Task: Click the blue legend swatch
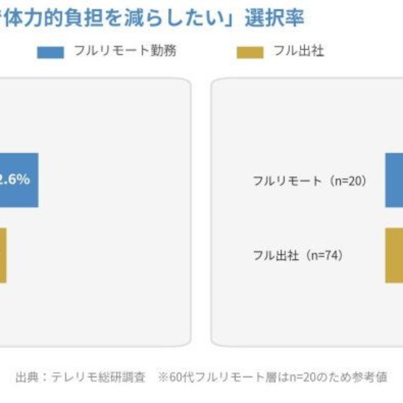[50, 52]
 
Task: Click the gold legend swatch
[250, 52]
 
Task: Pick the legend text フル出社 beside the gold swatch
[298, 52]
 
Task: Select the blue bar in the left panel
[19, 179]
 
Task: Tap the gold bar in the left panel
[3, 255]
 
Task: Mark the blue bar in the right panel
[394, 179]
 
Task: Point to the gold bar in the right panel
[394, 255]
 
